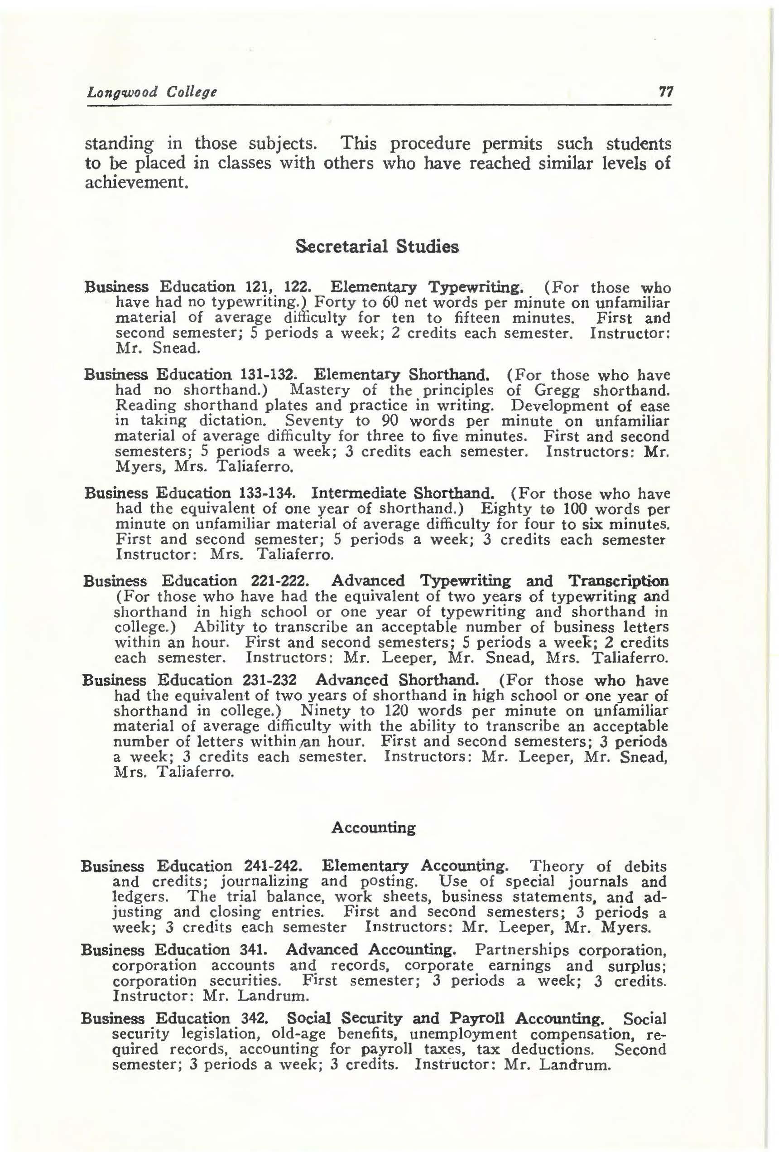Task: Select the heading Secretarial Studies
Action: pyautogui.click(x=377, y=247)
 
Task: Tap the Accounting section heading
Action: pyautogui.click(x=373, y=828)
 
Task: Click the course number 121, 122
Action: pyautogui.click(x=278, y=287)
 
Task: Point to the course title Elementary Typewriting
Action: pyautogui.click(x=427, y=287)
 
